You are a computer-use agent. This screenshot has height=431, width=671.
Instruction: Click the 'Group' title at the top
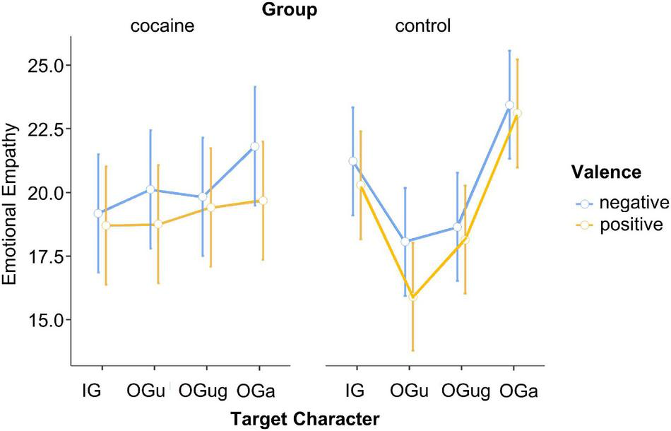(287, 10)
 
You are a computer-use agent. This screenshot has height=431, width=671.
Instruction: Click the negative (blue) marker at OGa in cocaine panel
(255, 146)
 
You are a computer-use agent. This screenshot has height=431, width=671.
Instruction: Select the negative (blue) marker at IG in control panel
(353, 161)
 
